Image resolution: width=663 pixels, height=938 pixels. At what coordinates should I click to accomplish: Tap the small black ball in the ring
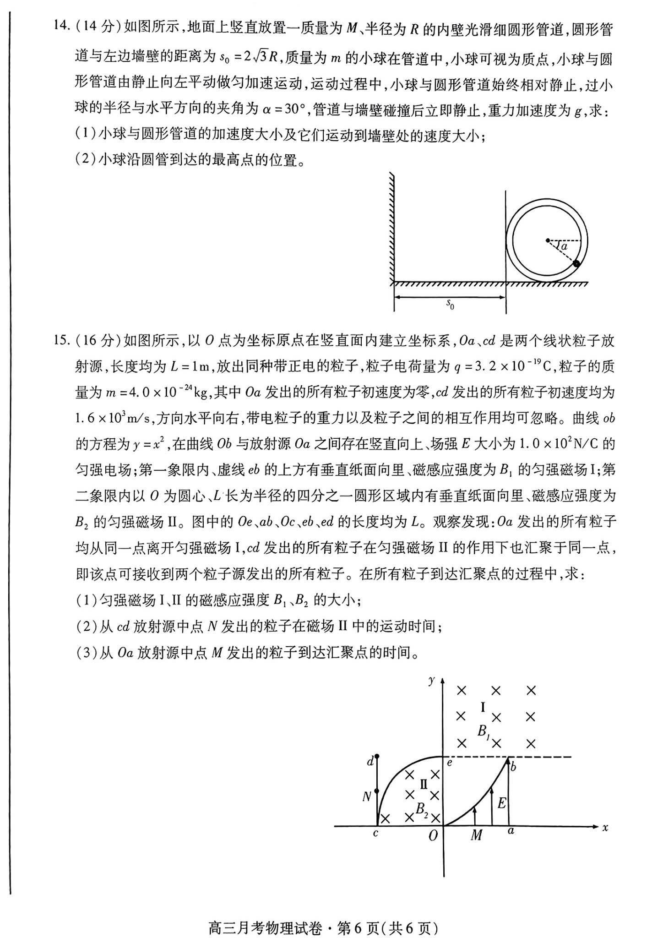click(576, 263)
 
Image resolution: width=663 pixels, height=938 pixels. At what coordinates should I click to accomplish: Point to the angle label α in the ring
click(564, 246)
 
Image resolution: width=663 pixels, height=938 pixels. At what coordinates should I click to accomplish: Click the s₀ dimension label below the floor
click(450, 304)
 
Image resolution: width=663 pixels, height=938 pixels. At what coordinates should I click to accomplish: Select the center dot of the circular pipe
click(547, 240)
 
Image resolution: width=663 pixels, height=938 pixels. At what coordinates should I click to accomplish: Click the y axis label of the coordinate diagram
click(431, 680)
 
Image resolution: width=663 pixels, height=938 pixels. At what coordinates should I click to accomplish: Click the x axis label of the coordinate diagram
click(605, 828)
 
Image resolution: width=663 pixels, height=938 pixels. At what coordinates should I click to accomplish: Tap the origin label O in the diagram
click(433, 836)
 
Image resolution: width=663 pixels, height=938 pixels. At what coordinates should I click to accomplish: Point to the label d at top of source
click(370, 762)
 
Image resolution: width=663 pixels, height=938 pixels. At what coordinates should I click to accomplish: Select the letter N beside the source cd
click(367, 797)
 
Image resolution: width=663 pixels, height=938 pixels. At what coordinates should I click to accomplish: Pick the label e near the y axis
click(450, 763)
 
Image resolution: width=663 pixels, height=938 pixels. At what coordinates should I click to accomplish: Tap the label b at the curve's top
click(513, 767)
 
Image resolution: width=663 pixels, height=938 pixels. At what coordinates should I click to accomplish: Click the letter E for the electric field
click(502, 803)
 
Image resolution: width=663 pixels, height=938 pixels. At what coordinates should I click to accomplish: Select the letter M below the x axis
click(476, 835)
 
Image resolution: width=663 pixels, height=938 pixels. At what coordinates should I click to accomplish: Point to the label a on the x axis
click(511, 831)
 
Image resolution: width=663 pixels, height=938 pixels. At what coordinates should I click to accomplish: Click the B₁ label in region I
click(484, 732)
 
